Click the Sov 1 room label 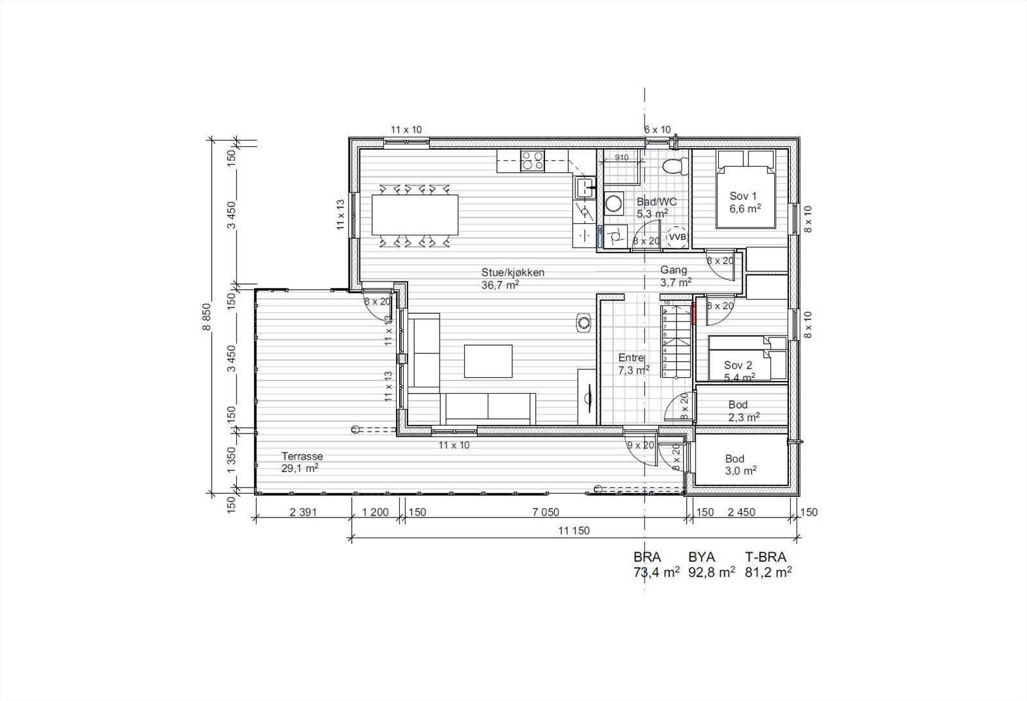click(x=745, y=202)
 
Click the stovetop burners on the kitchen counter click(x=533, y=160)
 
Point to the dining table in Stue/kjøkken click(x=415, y=215)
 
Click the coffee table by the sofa click(x=488, y=361)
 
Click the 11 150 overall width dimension click(x=574, y=530)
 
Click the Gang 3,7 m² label click(x=675, y=276)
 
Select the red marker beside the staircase click(x=694, y=314)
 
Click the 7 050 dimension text click(x=546, y=512)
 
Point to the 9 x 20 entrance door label click(x=640, y=445)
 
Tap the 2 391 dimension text click(x=304, y=512)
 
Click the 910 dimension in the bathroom click(x=621, y=157)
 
